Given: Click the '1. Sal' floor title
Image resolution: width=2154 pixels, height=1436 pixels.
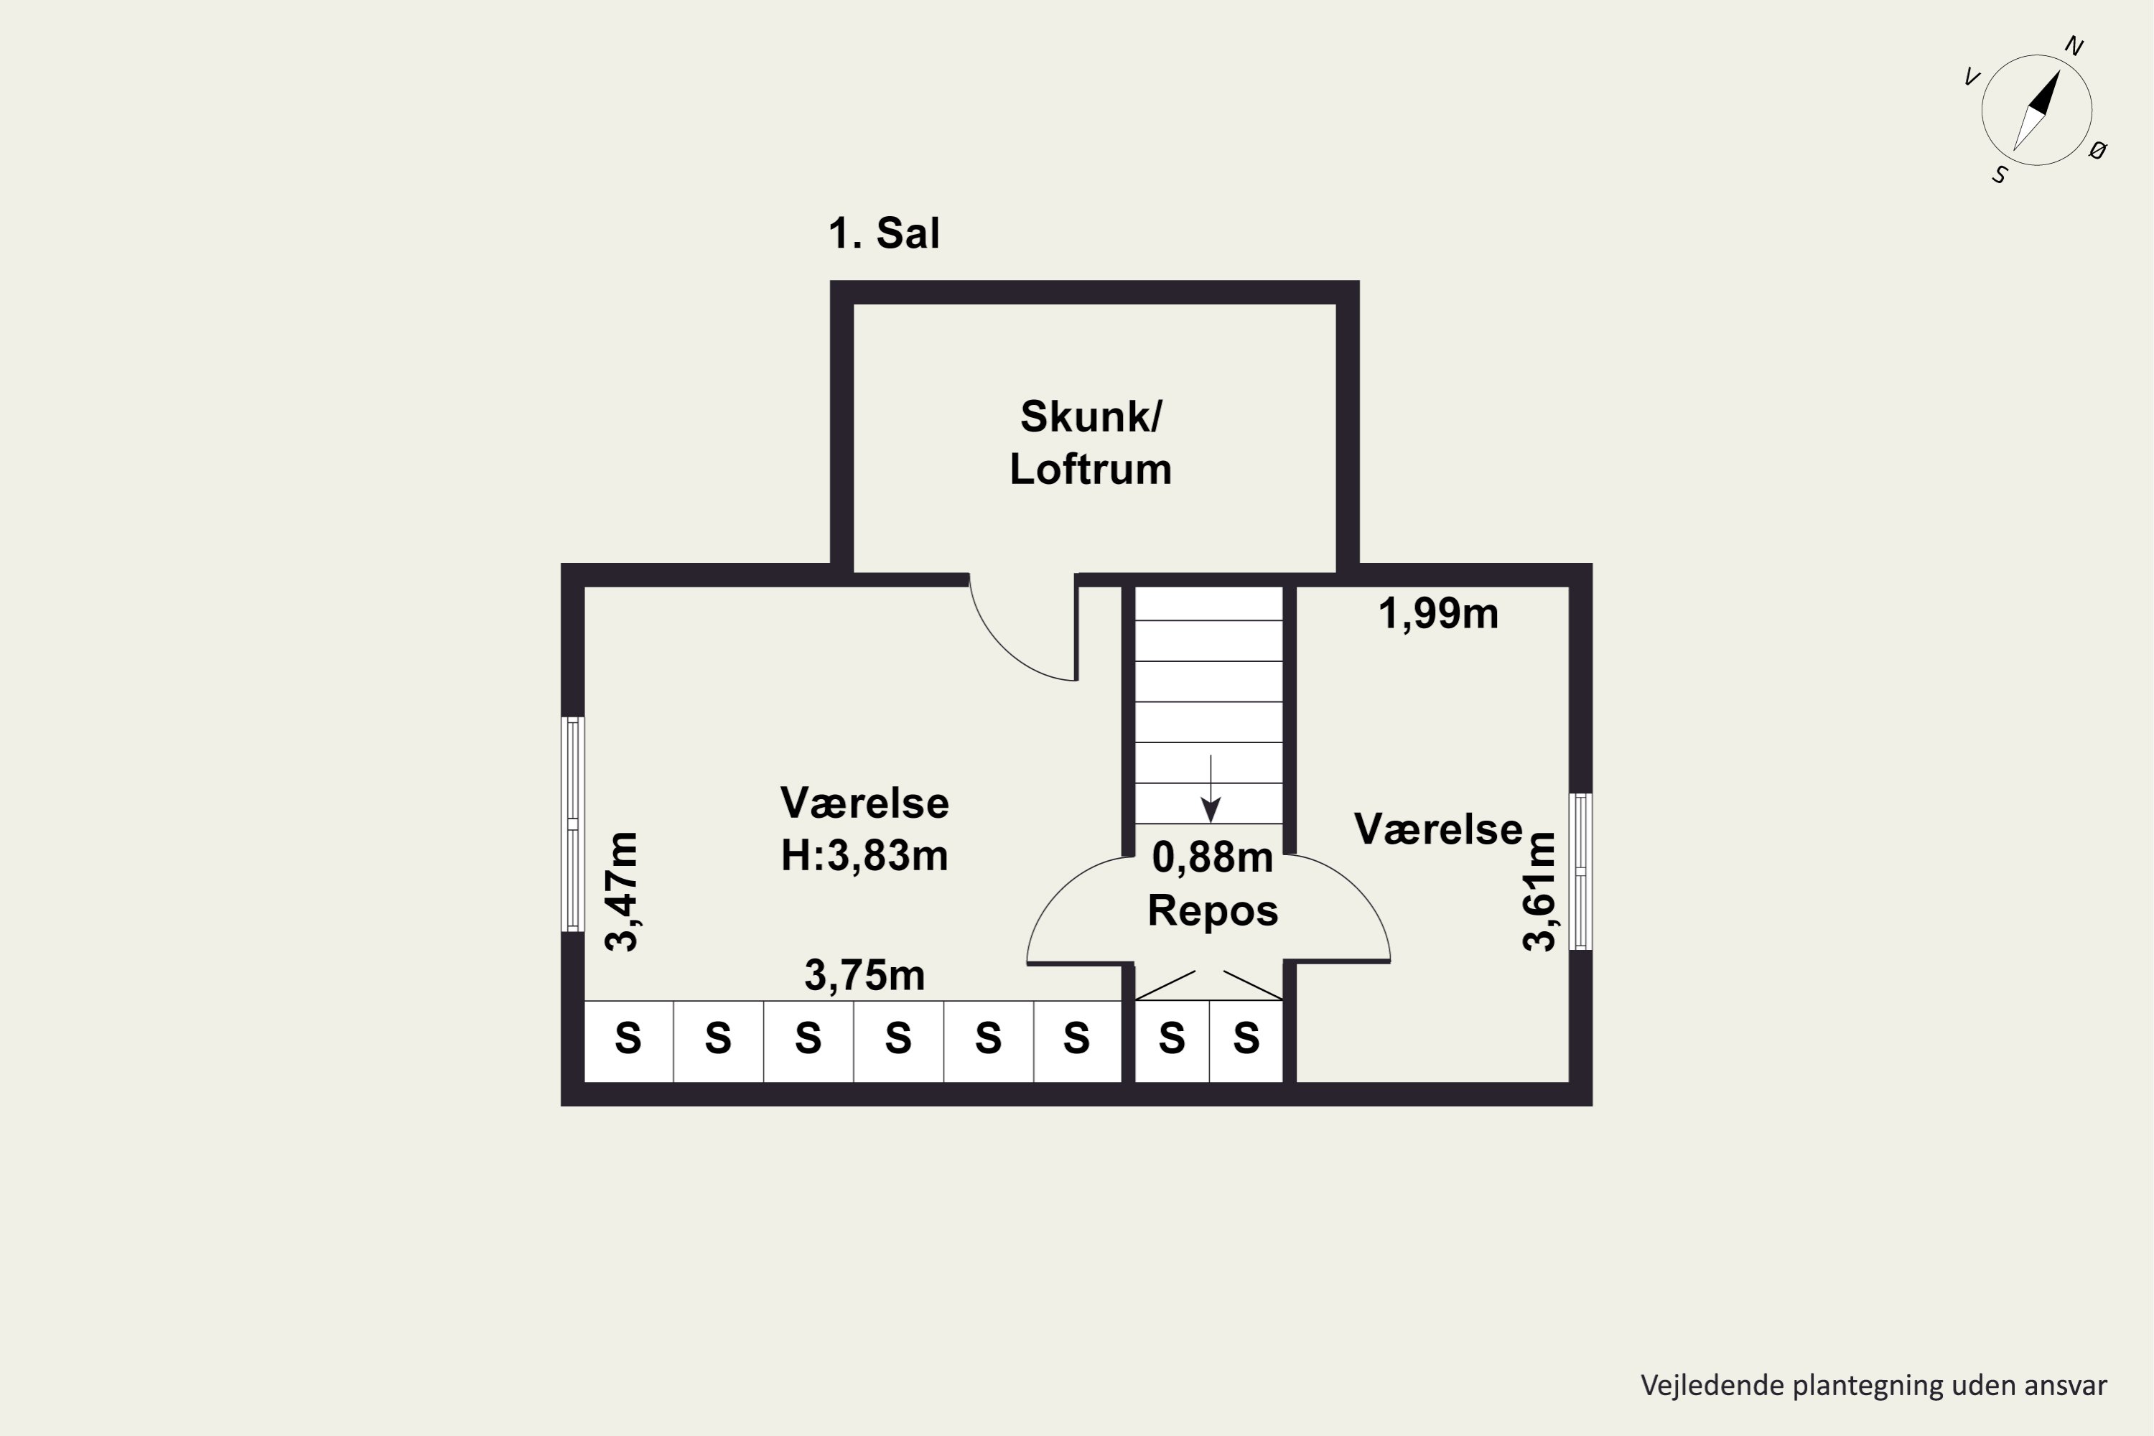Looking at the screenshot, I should (x=884, y=233).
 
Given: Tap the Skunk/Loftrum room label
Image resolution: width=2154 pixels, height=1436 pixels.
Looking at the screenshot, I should (x=1090, y=442).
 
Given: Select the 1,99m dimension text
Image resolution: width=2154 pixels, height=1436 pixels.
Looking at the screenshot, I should (x=1438, y=614).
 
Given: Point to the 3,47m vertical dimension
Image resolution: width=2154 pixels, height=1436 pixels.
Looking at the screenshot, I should (x=623, y=892).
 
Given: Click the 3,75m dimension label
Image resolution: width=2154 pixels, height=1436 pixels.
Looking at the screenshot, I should (x=864, y=975).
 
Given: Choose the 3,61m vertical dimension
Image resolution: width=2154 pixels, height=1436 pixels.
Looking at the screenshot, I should (x=1539, y=892).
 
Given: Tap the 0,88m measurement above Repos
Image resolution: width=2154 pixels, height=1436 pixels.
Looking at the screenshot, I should (x=1213, y=858).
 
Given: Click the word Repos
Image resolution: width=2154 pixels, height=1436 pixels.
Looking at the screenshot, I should (x=1213, y=911).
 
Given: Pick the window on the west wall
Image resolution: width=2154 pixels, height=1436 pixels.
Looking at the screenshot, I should (x=573, y=824).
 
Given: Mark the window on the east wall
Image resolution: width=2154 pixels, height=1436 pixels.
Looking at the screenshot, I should (x=1581, y=872).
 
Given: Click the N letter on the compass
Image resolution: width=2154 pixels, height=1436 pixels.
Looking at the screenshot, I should (x=2074, y=47).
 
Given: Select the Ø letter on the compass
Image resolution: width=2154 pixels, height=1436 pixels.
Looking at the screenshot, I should (x=2098, y=150).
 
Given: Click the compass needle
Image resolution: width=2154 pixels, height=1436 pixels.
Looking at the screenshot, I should (x=2038, y=110).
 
